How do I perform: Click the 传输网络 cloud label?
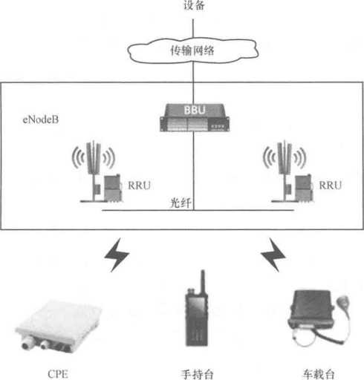(192, 50)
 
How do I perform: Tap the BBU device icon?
(195, 117)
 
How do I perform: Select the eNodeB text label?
(41, 119)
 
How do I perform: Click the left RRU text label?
(139, 186)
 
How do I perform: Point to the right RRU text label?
(331, 186)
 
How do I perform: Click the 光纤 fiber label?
(181, 203)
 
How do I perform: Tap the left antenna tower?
(94, 171)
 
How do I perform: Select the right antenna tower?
(285, 171)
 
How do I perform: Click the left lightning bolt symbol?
(117, 255)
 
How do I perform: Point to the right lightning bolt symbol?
(273, 255)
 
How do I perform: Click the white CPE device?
(59, 325)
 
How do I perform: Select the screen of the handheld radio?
(197, 308)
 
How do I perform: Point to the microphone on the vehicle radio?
(343, 302)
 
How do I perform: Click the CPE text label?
(58, 374)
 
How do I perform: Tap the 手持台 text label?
(197, 374)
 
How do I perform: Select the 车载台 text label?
(319, 374)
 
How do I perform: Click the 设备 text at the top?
(194, 5)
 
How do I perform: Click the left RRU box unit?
(113, 188)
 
